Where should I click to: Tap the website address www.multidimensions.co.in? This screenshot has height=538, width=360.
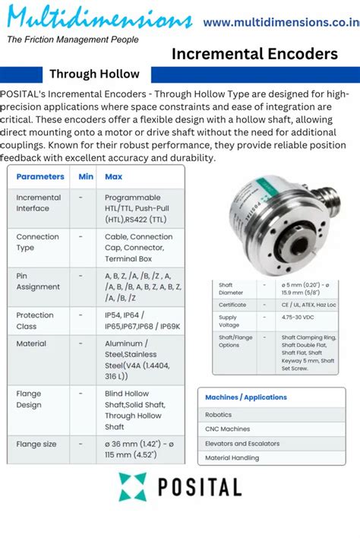click(x=281, y=23)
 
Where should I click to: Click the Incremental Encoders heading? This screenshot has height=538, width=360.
click(x=254, y=54)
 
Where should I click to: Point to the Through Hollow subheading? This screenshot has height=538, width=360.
click(x=94, y=74)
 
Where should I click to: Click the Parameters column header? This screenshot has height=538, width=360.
click(x=40, y=176)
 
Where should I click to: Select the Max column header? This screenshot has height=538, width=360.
click(x=113, y=176)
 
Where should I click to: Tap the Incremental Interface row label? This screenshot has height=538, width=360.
click(x=38, y=203)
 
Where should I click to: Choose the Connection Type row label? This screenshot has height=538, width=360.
click(x=37, y=242)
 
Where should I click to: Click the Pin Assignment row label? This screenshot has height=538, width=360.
click(x=38, y=281)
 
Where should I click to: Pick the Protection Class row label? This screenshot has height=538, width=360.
click(x=35, y=321)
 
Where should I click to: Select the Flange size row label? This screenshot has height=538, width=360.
click(x=36, y=444)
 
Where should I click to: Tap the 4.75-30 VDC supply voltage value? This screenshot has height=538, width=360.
click(x=300, y=317)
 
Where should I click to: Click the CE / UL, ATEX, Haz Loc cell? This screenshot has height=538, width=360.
click(x=308, y=304)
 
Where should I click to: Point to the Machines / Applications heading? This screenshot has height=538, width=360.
click(x=246, y=397)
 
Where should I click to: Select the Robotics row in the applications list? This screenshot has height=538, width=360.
click(x=219, y=415)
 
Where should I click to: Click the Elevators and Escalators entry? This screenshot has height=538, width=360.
click(x=243, y=443)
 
